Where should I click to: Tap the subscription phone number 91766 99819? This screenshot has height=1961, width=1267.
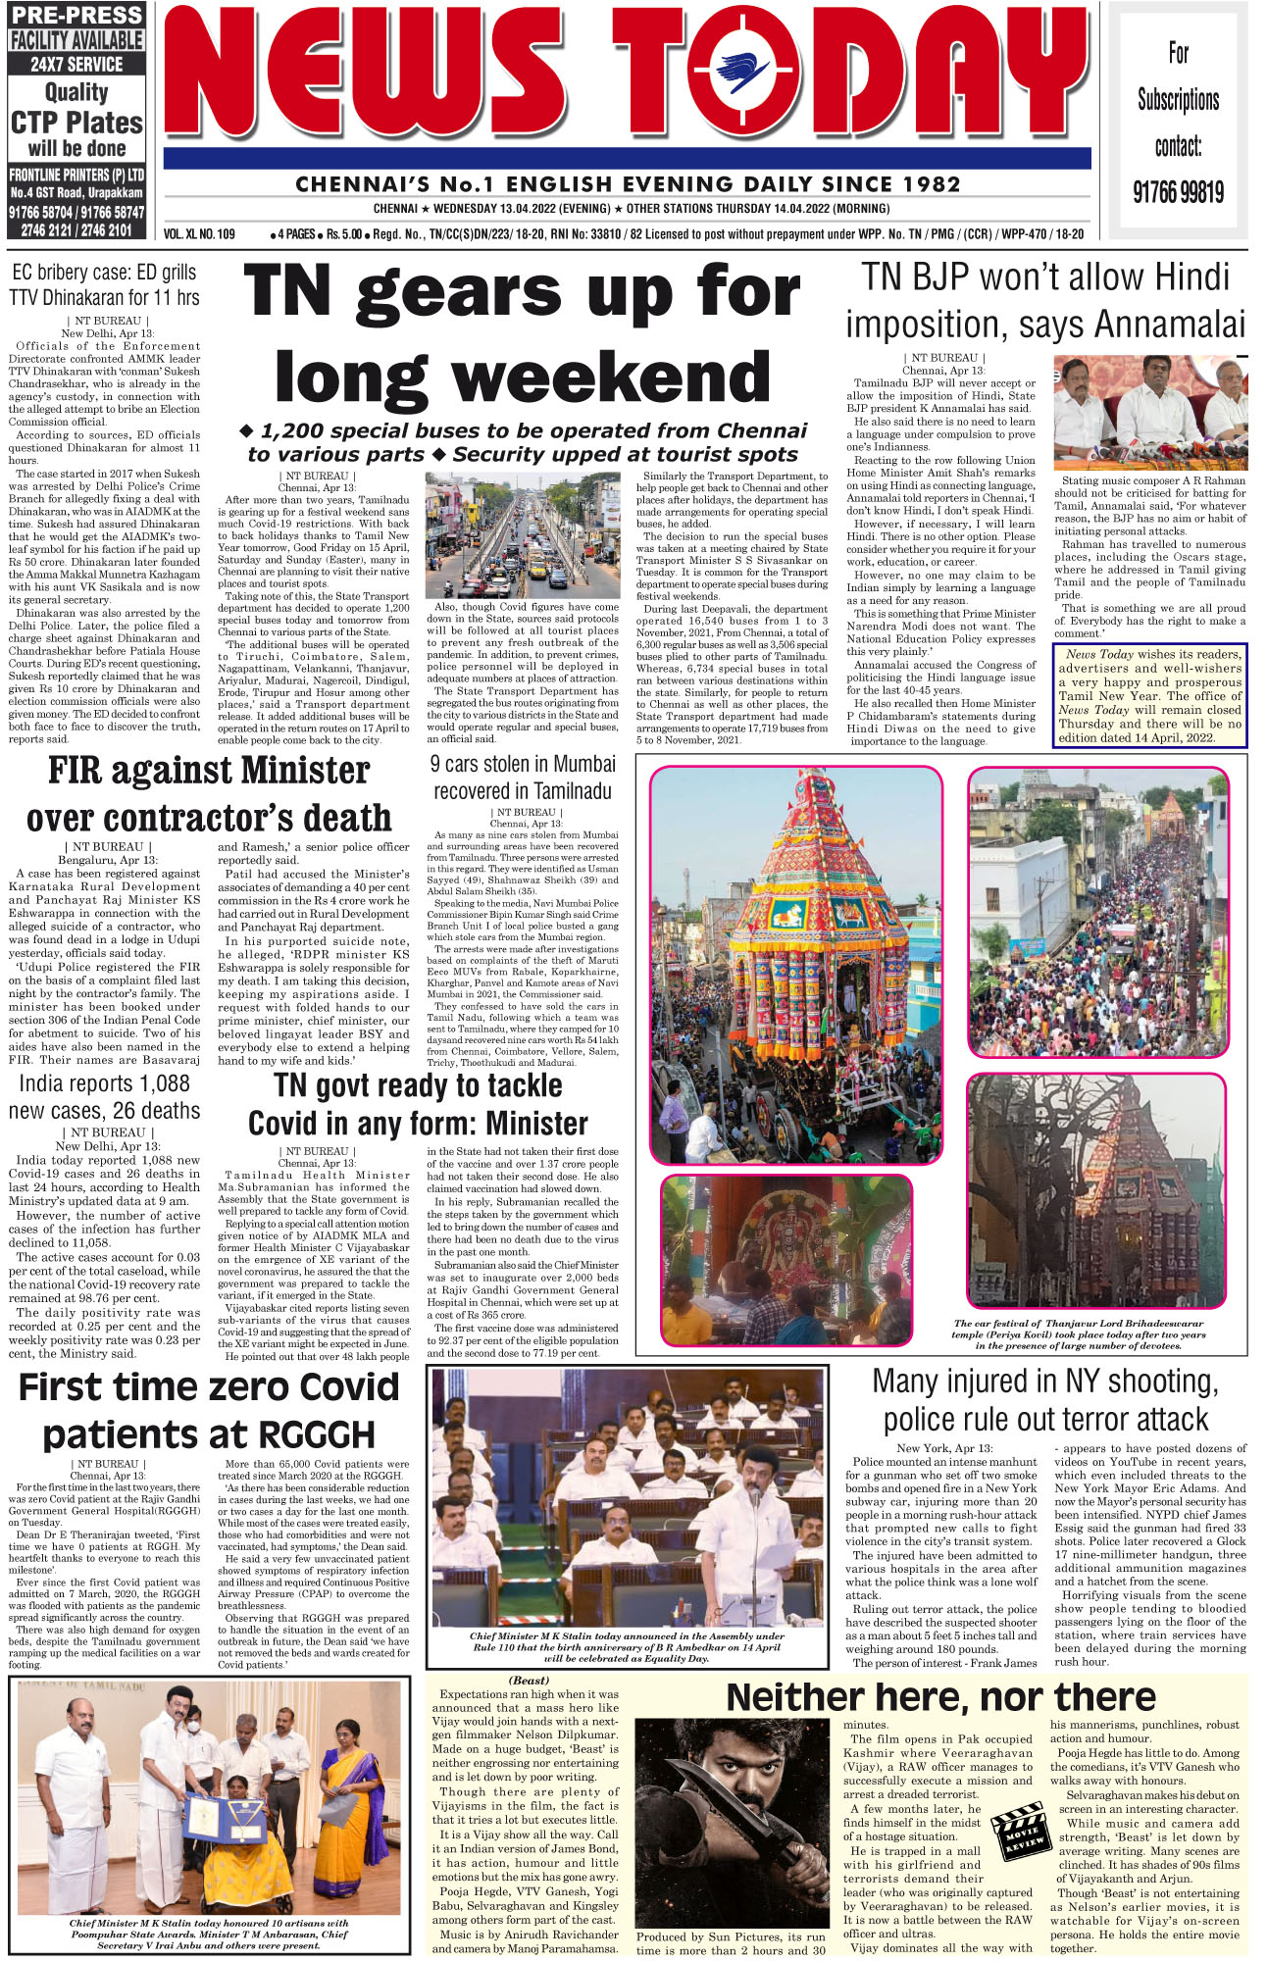click(x=1178, y=191)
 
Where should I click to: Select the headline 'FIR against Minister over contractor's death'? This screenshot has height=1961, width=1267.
click(x=209, y=794)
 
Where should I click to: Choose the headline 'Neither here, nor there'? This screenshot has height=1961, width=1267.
click(x=940, y=1697)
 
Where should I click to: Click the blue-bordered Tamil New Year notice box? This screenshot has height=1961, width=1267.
click(x=1149, y=695)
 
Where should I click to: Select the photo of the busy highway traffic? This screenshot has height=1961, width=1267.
click(x=522, y=535)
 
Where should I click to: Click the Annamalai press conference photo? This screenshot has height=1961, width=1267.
click(x=1149, y=412)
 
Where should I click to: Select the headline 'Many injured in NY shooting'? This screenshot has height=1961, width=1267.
click(x=1045, y=1400)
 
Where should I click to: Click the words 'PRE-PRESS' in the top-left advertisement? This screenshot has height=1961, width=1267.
click(x=76, y=15)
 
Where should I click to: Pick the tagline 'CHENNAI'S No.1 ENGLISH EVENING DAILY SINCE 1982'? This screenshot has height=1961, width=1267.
click(x=628, y=184)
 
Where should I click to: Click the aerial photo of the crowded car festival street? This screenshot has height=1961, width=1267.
click(x=1096, y=912)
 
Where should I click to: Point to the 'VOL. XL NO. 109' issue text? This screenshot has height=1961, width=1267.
click(x=200, y=234)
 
